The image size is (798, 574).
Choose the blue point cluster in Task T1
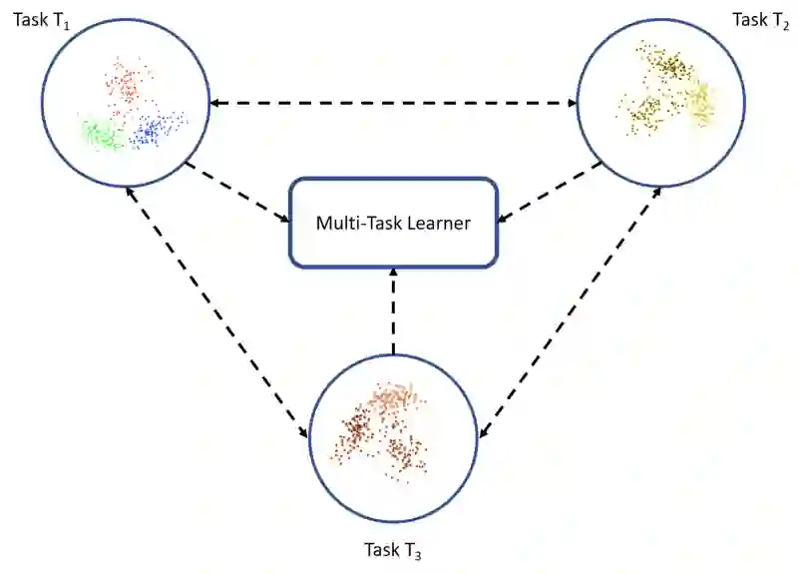point(159,128)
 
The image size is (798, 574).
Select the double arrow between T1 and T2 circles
point(393,103)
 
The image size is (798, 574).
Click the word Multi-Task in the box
point(353,224)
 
